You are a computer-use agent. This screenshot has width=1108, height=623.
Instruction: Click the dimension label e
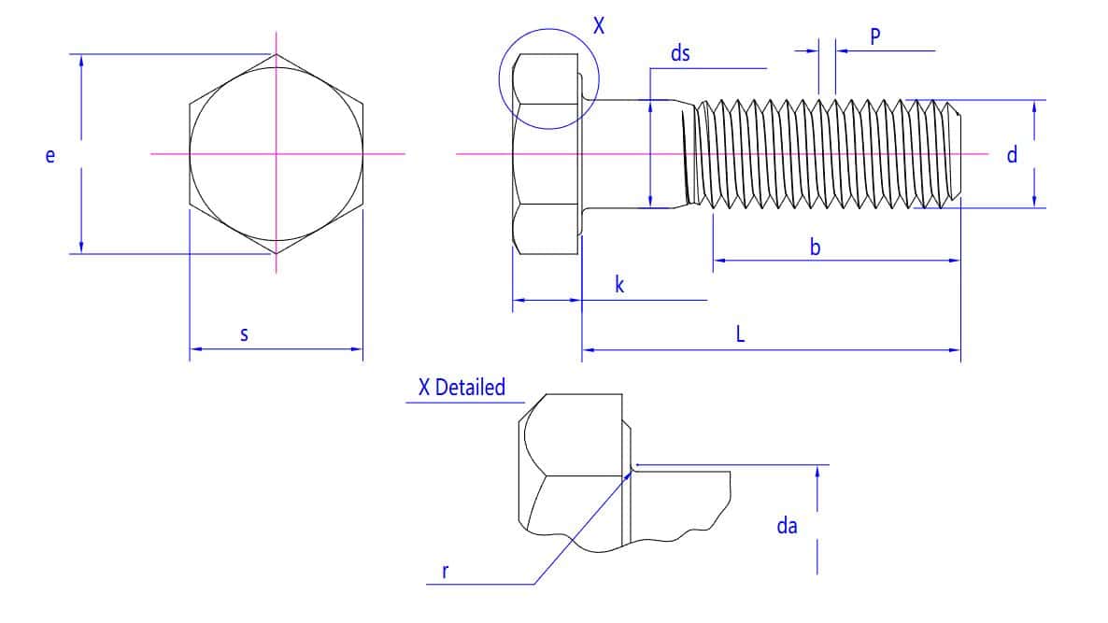pyautogui.click(x=50, y=156)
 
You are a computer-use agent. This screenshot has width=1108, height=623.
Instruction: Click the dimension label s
pyautogui.click(x=244, y=333)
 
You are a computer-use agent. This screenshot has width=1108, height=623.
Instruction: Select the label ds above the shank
pyautogui.click(x=680, y=53)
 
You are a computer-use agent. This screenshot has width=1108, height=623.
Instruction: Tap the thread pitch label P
pyautogui.click(x=875, y=36)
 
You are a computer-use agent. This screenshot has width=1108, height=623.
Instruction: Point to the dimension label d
pyautogui.click(x=1012, y=155)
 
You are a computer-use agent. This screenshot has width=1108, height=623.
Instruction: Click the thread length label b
pyautogui.click(x=816, y=248)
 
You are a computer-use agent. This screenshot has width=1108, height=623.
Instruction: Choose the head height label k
pyautogui.click(x=619, y=285)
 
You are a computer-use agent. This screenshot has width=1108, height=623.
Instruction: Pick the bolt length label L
pyautogui.click(x=740, y=335)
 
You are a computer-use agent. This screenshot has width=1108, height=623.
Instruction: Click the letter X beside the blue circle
pyautogui.click(x=599, y=26)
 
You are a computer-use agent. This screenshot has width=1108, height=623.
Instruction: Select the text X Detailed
pyautogui.click(x=461, y=388)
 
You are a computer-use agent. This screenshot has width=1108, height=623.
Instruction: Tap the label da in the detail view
pyautogui.click(x=787, y=527)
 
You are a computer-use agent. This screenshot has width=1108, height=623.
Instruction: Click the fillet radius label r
pyautogui.click(x=445, y=571)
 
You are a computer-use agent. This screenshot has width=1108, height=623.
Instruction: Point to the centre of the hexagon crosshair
pyautogui.click(x=276, y=153)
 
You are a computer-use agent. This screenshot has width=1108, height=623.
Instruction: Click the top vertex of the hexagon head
pyautogui.click(x=276, y=54)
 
